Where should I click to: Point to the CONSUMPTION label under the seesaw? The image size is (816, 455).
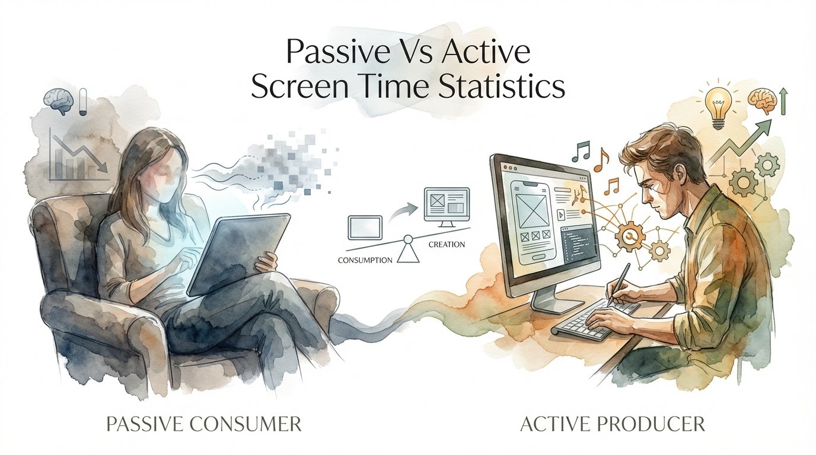(x=365, y=259)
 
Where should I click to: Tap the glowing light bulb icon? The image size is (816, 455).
(x=719, y=105)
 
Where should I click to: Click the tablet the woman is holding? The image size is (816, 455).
(x=237, y=255)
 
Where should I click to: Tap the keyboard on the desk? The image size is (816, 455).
(x=593, y=320)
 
